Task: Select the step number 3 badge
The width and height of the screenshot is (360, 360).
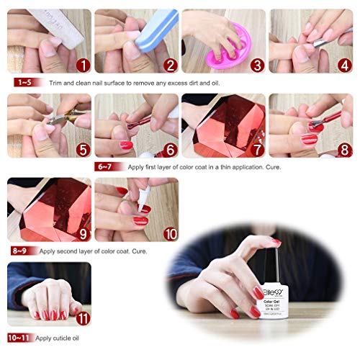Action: pos(256,66)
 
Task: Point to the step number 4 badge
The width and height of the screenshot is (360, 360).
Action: pos(343,66)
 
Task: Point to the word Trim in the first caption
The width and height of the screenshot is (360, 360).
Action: pos(57,83)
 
